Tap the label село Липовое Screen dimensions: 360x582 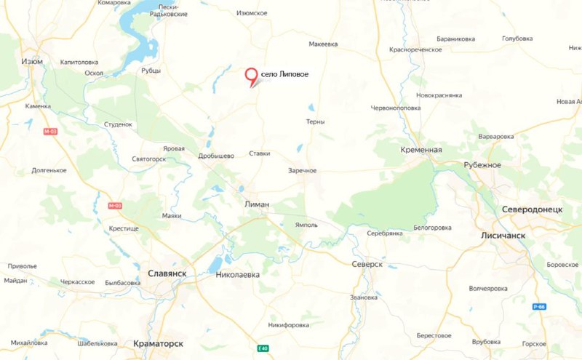(286, 76)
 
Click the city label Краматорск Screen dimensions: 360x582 (165, 342)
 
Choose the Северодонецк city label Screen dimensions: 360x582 (532, 209)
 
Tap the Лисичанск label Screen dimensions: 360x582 (503, 236)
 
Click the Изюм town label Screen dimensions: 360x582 (32, 61)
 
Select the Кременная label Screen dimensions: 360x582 (421, 149)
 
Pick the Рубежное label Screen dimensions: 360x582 (482, 165)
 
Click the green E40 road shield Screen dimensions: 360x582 (263, 349)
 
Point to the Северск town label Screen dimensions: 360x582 (366, 264)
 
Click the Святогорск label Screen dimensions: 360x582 (150, 158)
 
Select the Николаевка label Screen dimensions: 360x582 (238, 275)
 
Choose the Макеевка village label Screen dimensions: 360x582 (323, 44)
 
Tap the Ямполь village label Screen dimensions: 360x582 (306, 225)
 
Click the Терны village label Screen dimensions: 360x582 (315, 121)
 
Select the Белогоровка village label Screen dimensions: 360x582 (434, 228)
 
